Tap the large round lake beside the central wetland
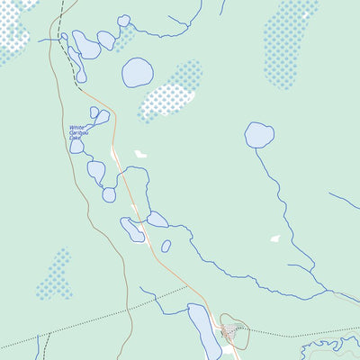138,73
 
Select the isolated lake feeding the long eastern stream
259,135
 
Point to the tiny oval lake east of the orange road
166,246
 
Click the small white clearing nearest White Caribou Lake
140,154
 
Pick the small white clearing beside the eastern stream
274,238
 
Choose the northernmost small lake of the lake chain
123,21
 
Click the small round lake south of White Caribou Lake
109,194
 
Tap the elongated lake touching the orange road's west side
133,230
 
